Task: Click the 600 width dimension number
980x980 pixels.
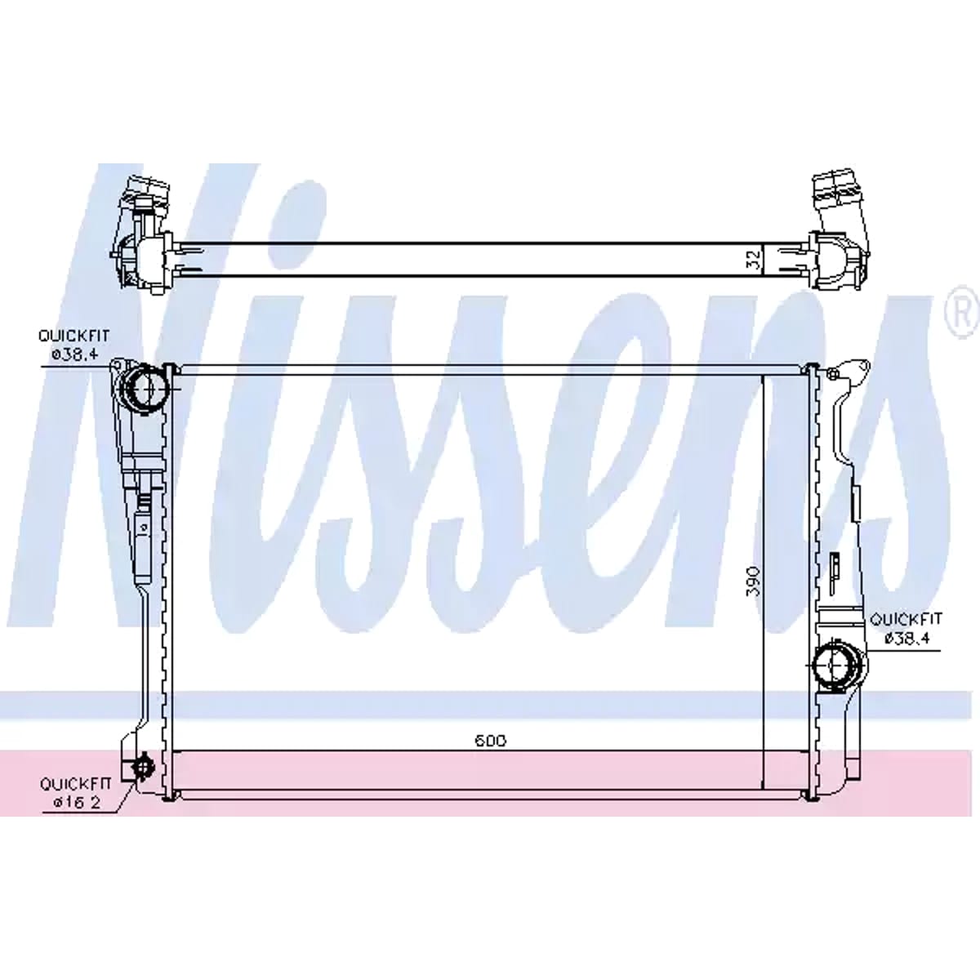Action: (x=491, y=741)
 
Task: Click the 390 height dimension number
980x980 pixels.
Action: (x=755, y=581)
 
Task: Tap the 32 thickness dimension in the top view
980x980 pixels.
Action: (x=755, y=260)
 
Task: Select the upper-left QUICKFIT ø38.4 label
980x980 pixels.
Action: (x=74, y=345)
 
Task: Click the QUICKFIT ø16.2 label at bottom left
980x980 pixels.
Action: (x=76, y=807)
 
